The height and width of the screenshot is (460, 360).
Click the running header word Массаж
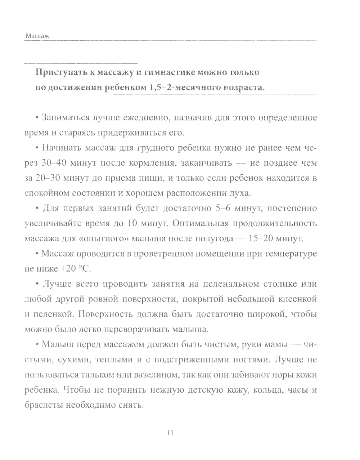[37, 36]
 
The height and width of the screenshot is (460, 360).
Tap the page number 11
[171, 433]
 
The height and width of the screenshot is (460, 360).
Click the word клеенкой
[298, 299]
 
